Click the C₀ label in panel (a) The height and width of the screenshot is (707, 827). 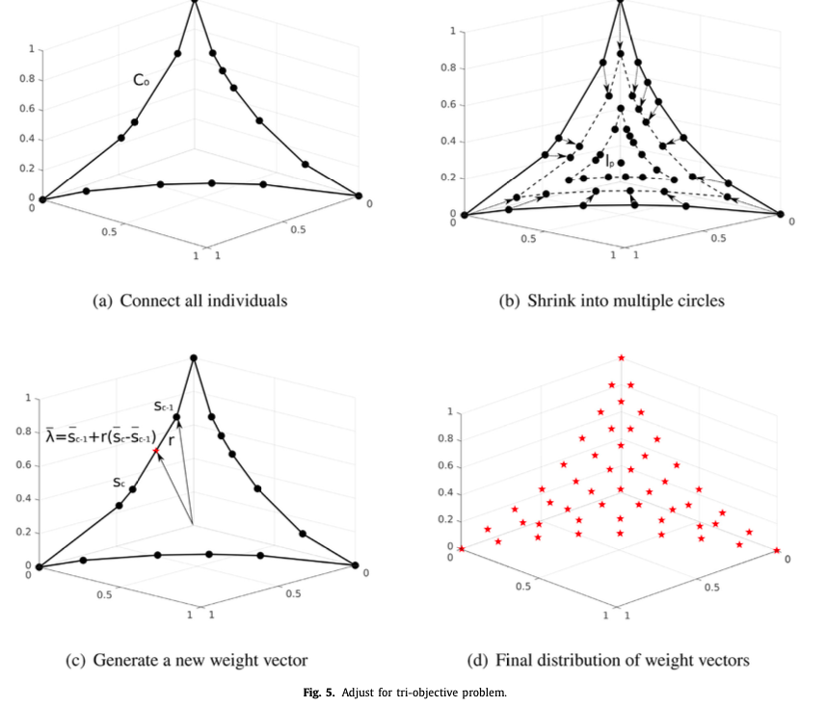[x=141, y=81]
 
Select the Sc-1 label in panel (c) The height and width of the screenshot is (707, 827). [x=163, y=406]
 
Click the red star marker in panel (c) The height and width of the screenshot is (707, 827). [x=155, y=451]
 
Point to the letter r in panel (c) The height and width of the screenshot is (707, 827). [x=171, y=439]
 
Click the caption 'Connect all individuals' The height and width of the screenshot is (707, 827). [x=190, y=301]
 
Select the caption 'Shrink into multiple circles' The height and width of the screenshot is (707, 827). [x=611, y=301]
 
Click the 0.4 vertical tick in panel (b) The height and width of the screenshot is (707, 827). [x=447, y=142]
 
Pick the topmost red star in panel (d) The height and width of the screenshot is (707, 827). [x=622, y=358]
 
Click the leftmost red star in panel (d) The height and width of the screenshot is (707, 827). [x=462, y=549]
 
